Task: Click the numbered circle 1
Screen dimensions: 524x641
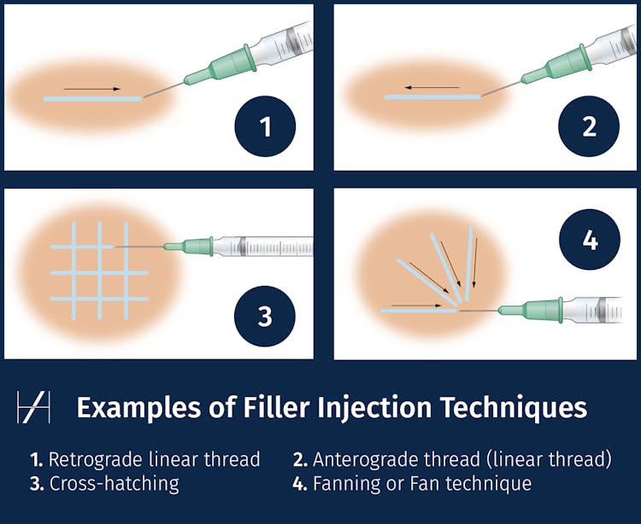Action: (x=265, y=127)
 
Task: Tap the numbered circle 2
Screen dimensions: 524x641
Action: (x=589, y=127)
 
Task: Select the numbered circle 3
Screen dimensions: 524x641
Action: (x=265, y=316)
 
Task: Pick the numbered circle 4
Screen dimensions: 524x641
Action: (x=589, y=240)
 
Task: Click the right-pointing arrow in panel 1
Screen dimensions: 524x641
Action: (x=91, y=89)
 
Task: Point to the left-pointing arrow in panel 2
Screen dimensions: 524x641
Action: (x=432, y=87)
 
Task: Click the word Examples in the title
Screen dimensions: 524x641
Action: (x=136, y=407)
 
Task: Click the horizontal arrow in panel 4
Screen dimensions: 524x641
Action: (x=416, y=305)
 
